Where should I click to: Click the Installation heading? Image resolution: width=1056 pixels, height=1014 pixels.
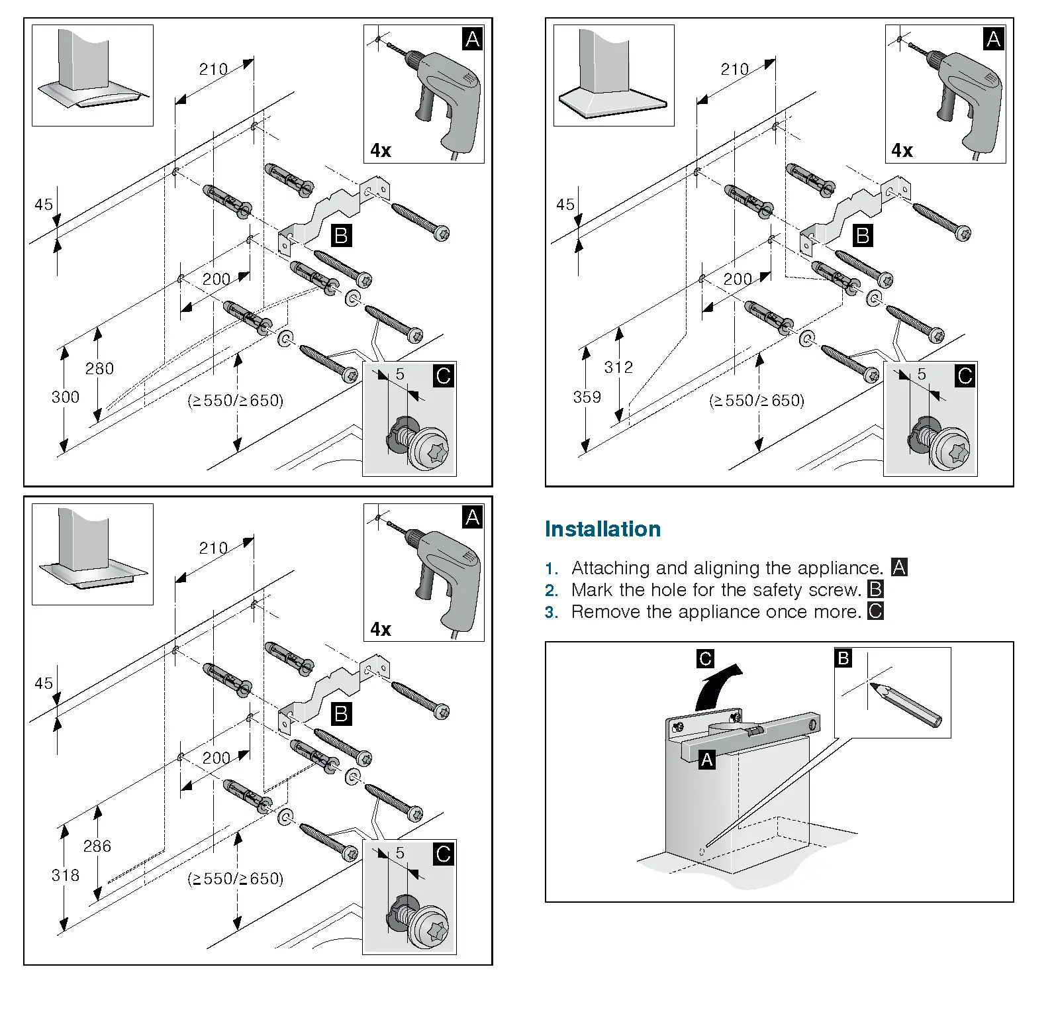pyautogui.click(x=602, y=529)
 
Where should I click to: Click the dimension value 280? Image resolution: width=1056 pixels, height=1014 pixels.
pyautogui.click(x=99, y=369)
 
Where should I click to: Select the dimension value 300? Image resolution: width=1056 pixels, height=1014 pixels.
pyautogui.click(x=66, y=397)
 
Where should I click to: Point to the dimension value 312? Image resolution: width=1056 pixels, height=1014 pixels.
pyautogui.click(x=618, y=368)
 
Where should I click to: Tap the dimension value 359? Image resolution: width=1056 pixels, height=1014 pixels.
pyautogui.click(x=587, y=397)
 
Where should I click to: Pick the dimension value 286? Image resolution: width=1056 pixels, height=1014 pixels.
pyautogui.click(x=97, y=846)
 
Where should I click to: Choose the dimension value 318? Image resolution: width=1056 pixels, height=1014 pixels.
pyautogui.click(x=66, y=876)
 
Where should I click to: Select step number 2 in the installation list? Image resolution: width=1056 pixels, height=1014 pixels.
pyautogui.click(x=552, y=590)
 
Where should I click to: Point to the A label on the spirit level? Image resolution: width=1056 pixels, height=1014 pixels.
pyautogui.click(x=707, y=760)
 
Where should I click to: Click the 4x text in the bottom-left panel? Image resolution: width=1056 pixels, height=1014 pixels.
pyautogui.click(x=381, y=629)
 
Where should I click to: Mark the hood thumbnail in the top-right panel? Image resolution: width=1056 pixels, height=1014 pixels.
pyautogui.click(x=613, y=76)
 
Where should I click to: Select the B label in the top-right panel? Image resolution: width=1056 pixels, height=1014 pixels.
pyautogui.click(x=862, y=236)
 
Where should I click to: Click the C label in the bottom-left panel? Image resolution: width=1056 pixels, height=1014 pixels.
pyautogui.click(x=443, y=854)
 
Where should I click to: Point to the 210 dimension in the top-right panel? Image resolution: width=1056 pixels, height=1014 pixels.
pyautogui.click(x=735, y=70)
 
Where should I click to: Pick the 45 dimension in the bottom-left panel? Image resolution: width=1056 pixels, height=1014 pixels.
pyautogui.click(x=44, y=684)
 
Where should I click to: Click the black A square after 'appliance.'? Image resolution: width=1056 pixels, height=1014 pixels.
pyautogui.click(x=898, y=568)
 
